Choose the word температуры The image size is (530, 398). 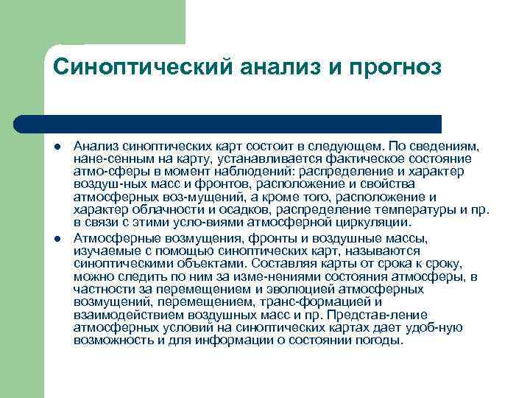coord(415,210)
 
